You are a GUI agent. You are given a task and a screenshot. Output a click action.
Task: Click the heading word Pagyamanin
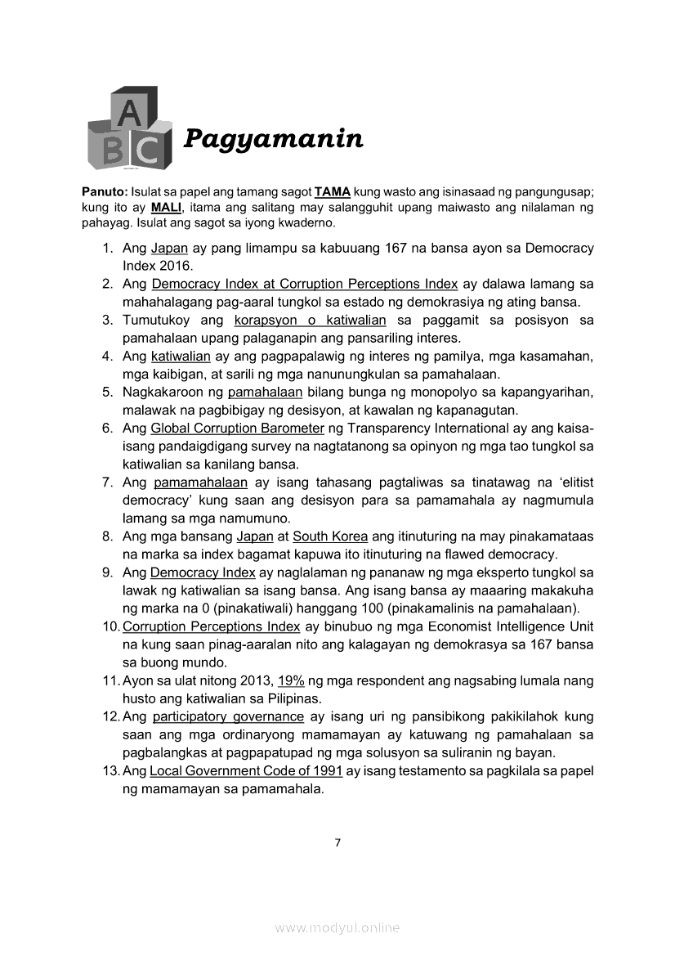[273, 140]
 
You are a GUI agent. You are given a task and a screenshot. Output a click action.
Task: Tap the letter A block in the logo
[127, 113]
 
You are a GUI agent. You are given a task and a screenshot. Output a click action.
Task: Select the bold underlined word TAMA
[333, 191]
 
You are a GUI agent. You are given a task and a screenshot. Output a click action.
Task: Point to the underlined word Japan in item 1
[170, 248]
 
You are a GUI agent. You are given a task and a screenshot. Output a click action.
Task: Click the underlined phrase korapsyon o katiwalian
[310, 320]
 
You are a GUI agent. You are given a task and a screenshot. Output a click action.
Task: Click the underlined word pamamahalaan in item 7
[200, 482]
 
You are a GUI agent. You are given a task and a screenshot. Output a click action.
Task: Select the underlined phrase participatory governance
[228, 716]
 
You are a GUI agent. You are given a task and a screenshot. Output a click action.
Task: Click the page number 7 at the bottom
[337, 844]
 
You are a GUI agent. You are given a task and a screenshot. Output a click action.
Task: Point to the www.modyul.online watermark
[337, 927]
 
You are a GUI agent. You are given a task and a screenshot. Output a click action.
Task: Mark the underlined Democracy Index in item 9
[191, 572]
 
